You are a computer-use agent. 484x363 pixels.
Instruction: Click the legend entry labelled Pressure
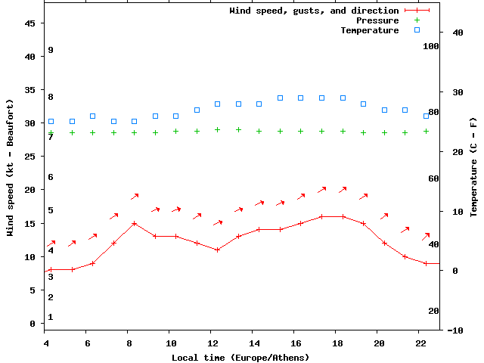click(x=377, y=20)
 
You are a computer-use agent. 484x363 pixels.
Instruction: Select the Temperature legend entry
click(x=369, y=30)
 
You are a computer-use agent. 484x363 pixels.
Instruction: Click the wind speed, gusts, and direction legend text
click(x=314, y=11)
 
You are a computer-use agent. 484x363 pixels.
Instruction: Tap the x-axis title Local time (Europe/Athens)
click(x=240, y=357)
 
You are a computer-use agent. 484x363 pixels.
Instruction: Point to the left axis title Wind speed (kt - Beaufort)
click(x=11, y=167)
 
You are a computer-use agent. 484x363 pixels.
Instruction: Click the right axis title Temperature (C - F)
click(x=473, y=167)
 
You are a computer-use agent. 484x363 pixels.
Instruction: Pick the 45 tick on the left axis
click(x=30, y=23)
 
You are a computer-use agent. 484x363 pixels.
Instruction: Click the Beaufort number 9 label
click(x=50, y=50)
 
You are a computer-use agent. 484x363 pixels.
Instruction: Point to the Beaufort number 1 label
click(x=50, y=317)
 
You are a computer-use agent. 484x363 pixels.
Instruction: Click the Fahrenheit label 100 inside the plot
click(x=431, y=46)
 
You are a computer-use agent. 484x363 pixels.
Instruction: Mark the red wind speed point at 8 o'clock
click(x=135, y=223)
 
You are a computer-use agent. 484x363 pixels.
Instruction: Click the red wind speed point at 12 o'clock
click(x=218, y=250)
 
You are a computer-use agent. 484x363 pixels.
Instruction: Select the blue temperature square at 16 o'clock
click(x=301, y=98)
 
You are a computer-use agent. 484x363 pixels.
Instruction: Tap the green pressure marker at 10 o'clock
click(x=176, y=131)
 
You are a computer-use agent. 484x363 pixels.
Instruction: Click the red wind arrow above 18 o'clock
click(x=343, y=189)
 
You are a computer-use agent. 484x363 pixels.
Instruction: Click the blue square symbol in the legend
click(x=417, y=30)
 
